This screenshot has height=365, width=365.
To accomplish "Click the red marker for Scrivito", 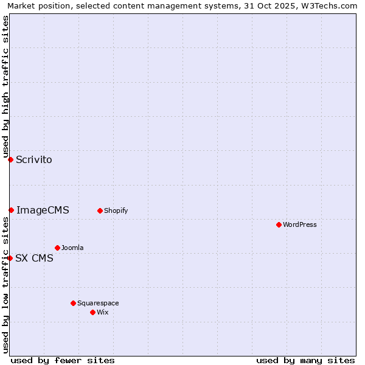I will pos(10,159).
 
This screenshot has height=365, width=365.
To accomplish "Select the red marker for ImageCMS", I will pos(11,210).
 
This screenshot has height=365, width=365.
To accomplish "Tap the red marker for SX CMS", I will pos(10,258).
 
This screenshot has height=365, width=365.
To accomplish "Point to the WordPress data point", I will pos(279,224).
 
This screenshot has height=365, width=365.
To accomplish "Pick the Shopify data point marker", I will pos(100,210).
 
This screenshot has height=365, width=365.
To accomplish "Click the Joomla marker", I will pos(57,248).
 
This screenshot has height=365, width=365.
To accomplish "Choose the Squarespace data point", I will pos(73,303).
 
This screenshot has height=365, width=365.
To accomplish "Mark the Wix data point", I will pos(92,312).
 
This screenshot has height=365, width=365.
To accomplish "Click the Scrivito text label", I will pos(34,160).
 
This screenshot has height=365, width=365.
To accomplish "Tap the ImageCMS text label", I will pos(43,210).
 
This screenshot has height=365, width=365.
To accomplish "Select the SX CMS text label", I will pos(34,259).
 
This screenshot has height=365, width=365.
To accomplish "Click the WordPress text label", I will pos(300,225).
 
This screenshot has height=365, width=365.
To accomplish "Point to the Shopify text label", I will pos(116,211).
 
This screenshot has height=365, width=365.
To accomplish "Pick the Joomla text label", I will pos(72,248).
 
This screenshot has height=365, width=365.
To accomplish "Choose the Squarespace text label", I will pos(98,304).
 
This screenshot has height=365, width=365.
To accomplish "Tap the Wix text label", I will pos(103,313).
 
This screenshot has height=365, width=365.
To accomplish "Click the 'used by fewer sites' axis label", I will pos(63,360).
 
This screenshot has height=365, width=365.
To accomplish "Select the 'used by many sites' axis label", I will pos(305,360).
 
